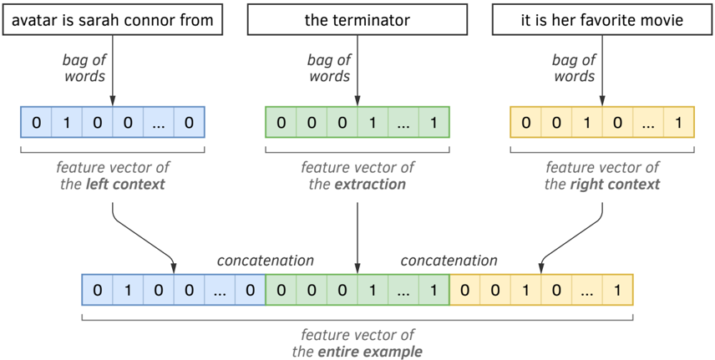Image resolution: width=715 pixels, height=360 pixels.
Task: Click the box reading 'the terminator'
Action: coord(357,19)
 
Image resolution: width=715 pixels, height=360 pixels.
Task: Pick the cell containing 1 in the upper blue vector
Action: coord(67,122)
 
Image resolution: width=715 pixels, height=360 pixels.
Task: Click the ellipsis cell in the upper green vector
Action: coord(403,122)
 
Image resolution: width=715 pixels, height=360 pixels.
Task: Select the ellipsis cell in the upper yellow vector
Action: coord(648,122)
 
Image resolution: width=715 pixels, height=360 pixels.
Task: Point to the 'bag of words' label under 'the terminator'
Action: coord(330,68)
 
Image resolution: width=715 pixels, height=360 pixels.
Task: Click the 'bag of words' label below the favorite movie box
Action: coord(575,68)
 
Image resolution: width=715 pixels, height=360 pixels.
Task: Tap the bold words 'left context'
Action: coord(128,185)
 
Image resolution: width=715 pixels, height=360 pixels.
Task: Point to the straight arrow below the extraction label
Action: coord(357,238)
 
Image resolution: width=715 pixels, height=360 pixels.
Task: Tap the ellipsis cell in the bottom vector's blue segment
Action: coord(220,290)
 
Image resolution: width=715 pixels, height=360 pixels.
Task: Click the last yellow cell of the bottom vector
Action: coord(618,290)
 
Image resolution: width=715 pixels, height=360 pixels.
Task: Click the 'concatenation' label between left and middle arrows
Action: coord(266,261)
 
